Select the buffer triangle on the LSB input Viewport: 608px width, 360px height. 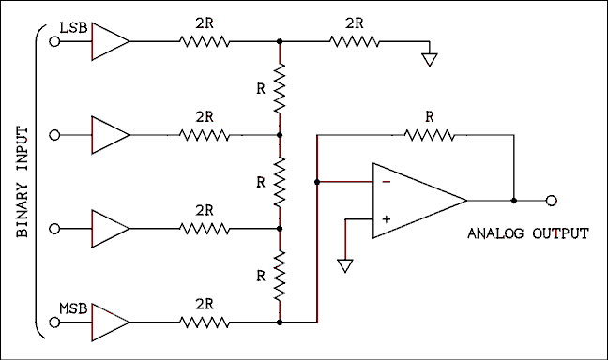pyautogui.click(x=109, y=41)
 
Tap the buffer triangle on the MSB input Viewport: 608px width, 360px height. pyautogui.click(x=109, y=322)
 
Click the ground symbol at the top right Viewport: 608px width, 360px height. pyautogui.click(x=430, y=60)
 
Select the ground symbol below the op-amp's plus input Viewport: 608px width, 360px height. pyautogui.click(x=345, y=265)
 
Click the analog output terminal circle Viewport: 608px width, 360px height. pyautogui.click(x=553, y=201)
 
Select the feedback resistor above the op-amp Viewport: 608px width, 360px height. pyautogui.click(x=430, y=134)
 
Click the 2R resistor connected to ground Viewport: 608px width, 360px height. pyautogui.click(x=354, y=41)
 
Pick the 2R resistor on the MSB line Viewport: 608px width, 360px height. pyautogui.click(x=205, y=322)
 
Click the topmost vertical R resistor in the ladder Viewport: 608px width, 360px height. pyautogui.click(x=279, y=88)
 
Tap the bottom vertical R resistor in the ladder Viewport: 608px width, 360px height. pyautogui.click(x=279, y=275)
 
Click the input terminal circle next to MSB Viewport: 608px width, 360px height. pyautogui.click(x=54, y=322)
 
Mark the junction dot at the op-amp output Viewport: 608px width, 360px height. pyautogui.click(x=514, y=201)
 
